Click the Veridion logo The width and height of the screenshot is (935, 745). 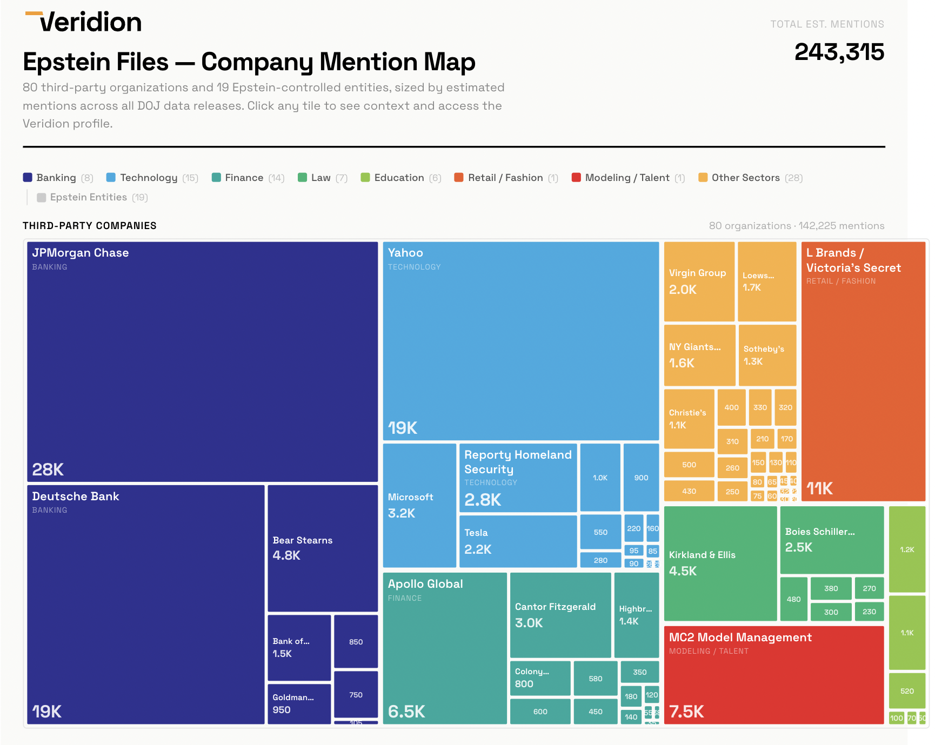(84, 22)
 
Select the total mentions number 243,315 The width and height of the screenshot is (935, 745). (839, 52)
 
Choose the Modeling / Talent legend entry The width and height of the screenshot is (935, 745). (627, 178)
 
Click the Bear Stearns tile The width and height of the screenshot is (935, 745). (323, 548)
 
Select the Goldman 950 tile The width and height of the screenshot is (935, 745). (299, 703)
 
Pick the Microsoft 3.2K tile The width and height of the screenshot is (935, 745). (419, 505)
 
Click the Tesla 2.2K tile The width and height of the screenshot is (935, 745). (517, 541)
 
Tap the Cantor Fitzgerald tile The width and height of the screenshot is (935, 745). (560, 615)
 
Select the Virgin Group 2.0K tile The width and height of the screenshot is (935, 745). (699, 281)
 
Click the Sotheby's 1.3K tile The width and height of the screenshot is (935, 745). (767, 355)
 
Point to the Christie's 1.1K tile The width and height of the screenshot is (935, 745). (689, 419)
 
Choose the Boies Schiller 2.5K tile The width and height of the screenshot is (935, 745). (831, 539)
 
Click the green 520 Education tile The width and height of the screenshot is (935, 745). (907, 690)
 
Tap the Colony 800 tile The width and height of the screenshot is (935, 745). (539, 677)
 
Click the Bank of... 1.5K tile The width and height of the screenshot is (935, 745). (299, 647)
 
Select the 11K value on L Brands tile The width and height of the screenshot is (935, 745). (819, 488)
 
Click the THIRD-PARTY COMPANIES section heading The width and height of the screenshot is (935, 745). (90, 226)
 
